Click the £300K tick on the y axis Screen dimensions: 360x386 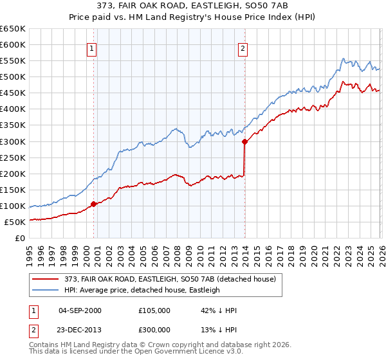pos(12,141)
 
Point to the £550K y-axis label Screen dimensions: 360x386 pos(12,60)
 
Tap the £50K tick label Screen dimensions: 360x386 pos(15,222)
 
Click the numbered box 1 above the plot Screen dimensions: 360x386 pos(92,48)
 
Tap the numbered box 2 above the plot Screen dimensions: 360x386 pos(243,48)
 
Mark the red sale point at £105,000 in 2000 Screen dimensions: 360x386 pos(94,204)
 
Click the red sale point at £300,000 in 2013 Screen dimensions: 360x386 pos(244,141)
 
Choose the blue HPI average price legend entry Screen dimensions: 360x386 pos(142,291)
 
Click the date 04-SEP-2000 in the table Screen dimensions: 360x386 pos(80,310)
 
